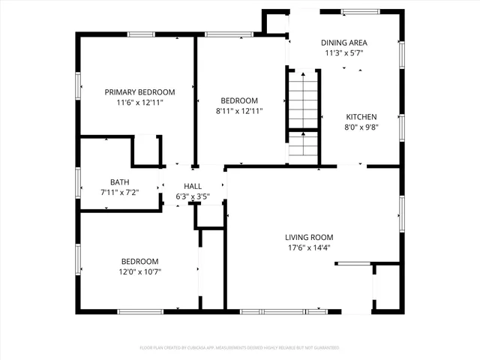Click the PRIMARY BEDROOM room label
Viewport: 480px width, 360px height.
click(x=135, y=91)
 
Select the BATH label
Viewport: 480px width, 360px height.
click(x=119, y=181)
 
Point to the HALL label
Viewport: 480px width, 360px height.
click(x=193, y=186)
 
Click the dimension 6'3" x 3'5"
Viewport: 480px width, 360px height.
click(x=193, y=196)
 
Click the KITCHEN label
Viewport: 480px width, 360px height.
click(x=361, y=116)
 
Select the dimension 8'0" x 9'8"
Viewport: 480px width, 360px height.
click(x=361, y=127)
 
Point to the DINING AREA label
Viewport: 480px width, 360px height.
click(x=344, y=43)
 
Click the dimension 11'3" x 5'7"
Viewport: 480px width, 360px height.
click(x=344, y=53)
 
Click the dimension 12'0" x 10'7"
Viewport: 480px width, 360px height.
click(x=140, y=271)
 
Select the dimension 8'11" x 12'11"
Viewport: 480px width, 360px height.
click(x=239, y=111)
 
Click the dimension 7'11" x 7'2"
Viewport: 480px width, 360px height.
click(x=119, y=192)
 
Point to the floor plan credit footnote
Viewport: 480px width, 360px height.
click(x=240, y=347)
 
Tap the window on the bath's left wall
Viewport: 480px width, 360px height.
click(x=77, y=182)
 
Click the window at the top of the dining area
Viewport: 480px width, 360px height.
click(x=359, y=11)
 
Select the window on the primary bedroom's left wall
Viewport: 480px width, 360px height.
click(x=77, y=85)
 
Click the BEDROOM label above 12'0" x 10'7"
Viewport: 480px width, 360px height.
click(x=140, y=261)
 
